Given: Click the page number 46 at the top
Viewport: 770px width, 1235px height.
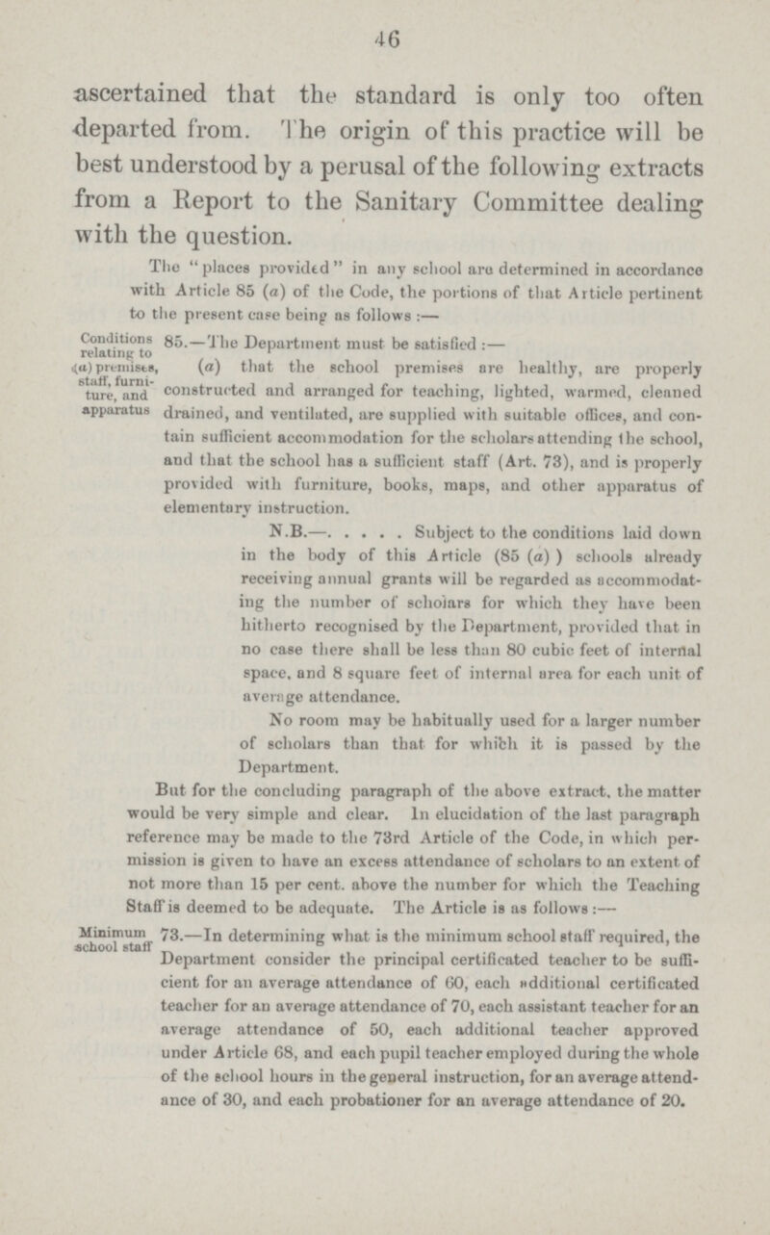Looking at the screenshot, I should [x=389, y=31].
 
